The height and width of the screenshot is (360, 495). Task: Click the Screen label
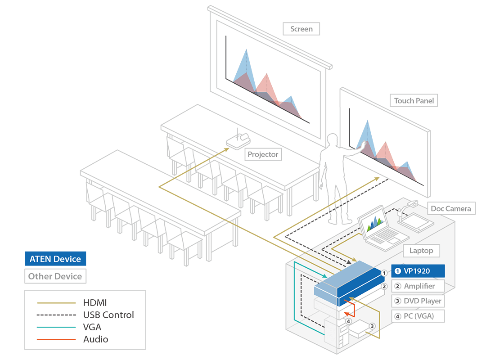point(301,29)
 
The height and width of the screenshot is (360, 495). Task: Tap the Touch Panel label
point(414,101)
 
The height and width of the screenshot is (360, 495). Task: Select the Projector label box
point(263,154)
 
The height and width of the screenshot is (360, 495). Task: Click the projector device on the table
point(238,141)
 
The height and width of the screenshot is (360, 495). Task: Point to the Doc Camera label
point(451,208)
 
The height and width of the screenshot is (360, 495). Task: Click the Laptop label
point(421,251)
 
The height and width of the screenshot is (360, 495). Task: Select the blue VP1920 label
point(418,271)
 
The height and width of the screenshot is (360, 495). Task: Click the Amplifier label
point(418,286)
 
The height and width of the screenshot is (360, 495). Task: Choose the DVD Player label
point(418,301)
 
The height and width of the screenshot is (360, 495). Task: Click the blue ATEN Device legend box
point(55,259)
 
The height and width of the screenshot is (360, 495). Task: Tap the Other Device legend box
point(55,276)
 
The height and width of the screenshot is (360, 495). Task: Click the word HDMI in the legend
point(95,303)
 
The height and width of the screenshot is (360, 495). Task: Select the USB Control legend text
point(108,315)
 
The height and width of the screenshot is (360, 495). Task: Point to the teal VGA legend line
point(56,327)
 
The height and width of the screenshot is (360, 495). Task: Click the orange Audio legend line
point(56,339)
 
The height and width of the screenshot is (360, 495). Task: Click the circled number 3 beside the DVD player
point(372,326)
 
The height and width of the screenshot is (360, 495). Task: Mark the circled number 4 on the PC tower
point(348,321)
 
